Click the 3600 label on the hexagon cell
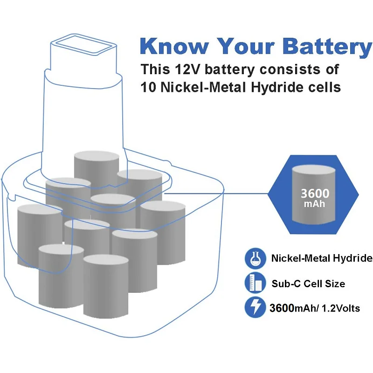click(x=315, y=193)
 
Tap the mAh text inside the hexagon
click(x=315, y=204)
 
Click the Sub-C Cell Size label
click(x=308, y=283)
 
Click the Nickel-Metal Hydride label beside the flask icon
click(x=322, y=258)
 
